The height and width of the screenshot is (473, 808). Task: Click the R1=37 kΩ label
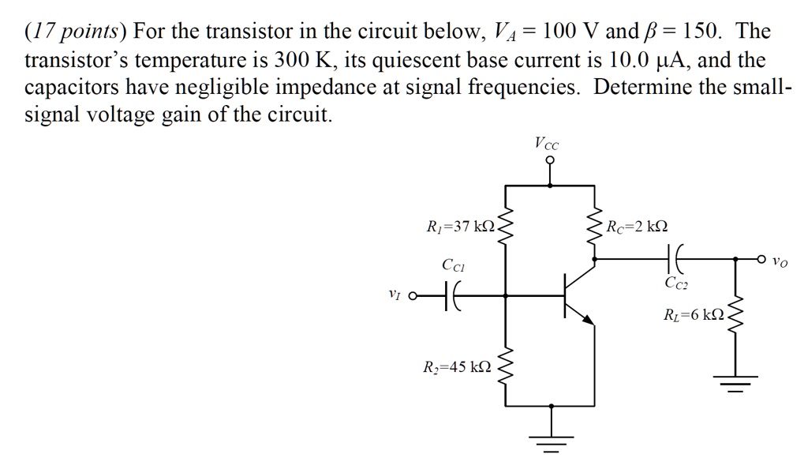pos(459,227)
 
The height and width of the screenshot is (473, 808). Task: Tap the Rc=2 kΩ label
pos(638,227)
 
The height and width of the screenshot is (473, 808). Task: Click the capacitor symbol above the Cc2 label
pos(675,257)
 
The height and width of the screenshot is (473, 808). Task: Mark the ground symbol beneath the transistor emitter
pos(550,441)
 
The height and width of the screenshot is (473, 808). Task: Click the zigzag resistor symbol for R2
pos(506,365)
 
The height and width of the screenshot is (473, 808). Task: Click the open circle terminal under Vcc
pos(549,160)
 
